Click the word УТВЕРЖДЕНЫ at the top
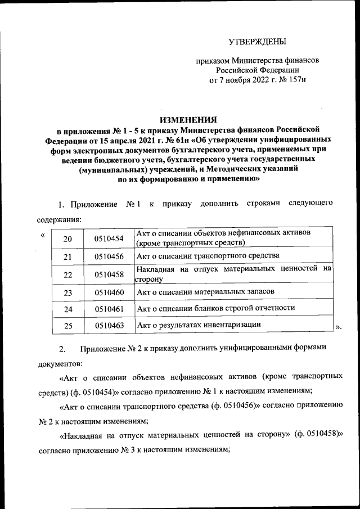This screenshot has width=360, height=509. coord(257,42)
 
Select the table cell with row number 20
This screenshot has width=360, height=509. coord(67,239)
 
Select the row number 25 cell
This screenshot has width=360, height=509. coord(67,326)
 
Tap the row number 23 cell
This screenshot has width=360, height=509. coord(67,292)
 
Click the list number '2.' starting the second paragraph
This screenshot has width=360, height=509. coord(62,348)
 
